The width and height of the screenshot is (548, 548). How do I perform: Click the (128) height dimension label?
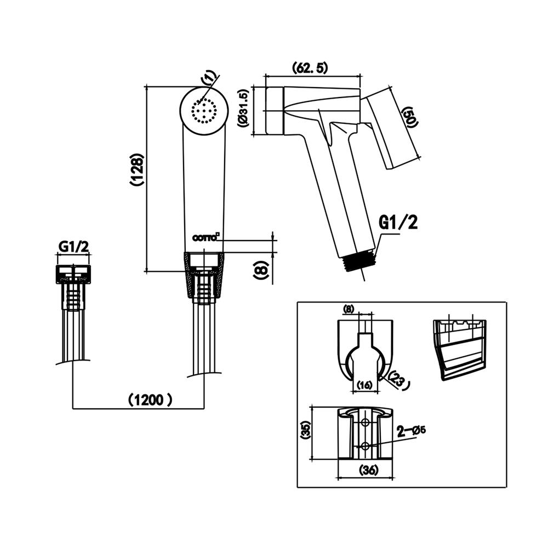coord(138,170)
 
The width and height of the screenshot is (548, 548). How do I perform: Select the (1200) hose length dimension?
coord(150,399)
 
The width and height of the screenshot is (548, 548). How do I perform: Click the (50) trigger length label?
coord(409,117)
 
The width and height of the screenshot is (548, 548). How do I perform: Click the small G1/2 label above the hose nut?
coord(73,246)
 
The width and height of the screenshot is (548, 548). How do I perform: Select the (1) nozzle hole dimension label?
coord(211,78)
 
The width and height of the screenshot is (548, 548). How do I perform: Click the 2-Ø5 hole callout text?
coord(412,431)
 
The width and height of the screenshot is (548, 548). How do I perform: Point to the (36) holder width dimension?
coord(365,470)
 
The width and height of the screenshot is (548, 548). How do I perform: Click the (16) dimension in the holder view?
coord(364,385)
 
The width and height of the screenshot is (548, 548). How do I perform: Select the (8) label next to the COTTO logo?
coord(261,268)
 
